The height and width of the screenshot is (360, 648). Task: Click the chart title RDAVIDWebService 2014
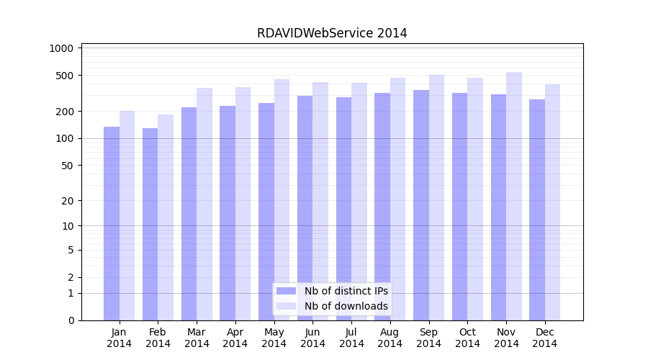pyautogui.click(x=332, y=33)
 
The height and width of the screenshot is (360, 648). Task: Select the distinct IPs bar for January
pyautogui.click(x=112, y=223)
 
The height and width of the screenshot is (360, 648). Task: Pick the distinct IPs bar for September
pyautogui.click(x=421, y=205)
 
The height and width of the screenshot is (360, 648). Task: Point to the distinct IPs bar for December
pyautogui.click(x=537, y=210)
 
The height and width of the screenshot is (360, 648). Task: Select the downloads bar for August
pyautogui.click(x=397, y=199)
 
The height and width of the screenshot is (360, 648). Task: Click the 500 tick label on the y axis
pyautogui.click(x=66, y=76)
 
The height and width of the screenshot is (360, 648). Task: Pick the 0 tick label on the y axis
pyautogui.click(x=71, y=320)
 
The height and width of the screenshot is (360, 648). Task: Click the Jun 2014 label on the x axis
pyautogui.click(x=312, y=338)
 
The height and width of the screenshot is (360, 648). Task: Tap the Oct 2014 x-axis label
pyautogui.click(x=467, y=338)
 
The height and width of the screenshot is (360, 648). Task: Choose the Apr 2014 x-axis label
pyautogui.click(x=235, y=338)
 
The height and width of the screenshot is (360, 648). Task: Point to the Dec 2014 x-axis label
pyautogui.click(x=545, y=338)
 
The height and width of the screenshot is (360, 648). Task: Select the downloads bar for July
pyautogui.click(x=359, y=202)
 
